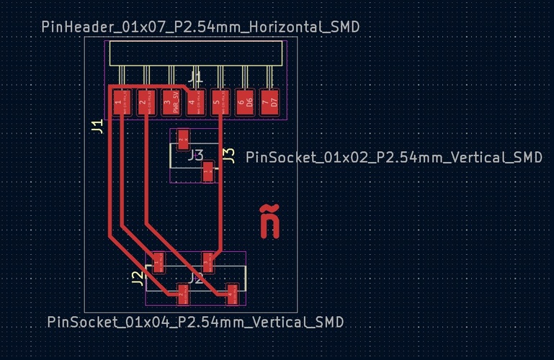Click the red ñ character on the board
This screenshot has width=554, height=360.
point(269,221)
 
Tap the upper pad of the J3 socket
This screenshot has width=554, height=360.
point(184,136)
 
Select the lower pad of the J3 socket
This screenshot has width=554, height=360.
point(208,172)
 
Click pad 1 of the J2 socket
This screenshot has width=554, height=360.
point(159,262)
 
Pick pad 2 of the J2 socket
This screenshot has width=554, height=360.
point(183,293)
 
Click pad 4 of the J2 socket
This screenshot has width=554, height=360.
point(232,293)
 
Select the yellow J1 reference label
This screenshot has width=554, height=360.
point(97,127)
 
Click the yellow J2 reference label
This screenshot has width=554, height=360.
point(137,279)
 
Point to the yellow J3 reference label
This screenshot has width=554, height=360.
point(228,156)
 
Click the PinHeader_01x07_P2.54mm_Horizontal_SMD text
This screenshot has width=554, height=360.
point(200,27)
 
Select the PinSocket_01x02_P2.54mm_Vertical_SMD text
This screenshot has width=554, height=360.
point(393,157)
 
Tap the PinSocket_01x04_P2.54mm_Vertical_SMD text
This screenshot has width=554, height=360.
point(195,322)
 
